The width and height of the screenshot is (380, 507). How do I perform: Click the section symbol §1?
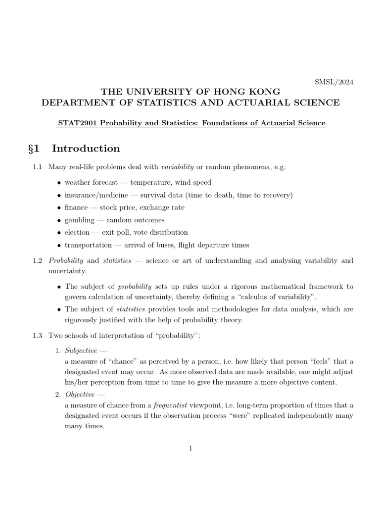coord(38,149)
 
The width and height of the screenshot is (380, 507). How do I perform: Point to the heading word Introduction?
coord(86,149)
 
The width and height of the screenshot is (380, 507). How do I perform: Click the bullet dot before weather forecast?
coord(59,183)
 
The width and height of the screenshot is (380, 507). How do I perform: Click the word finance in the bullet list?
coord(76,207)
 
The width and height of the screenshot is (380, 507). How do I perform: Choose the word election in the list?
coord(77,232)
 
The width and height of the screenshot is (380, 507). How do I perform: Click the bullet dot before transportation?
coord(59,246)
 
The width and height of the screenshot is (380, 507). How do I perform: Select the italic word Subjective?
coord(81,351)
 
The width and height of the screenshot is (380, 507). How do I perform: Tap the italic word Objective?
coord(80,395)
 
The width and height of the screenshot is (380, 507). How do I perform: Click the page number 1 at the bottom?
coord(190,449)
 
